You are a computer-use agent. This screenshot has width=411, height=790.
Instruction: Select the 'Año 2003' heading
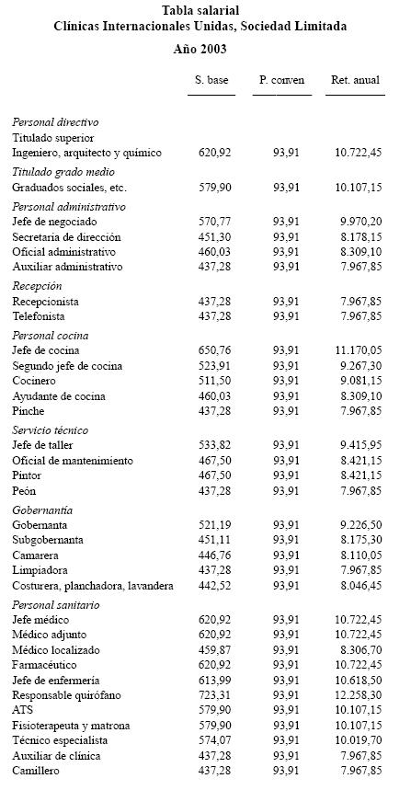pyautogui.click(x=200, y=49)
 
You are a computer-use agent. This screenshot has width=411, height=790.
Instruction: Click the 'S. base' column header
pyautogui.click(x=211, y=81)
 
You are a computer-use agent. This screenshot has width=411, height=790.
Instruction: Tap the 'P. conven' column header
pyautogui.click(x=281, y=81)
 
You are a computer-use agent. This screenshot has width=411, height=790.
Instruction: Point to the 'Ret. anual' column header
pyautogui.click(x=355, y=81)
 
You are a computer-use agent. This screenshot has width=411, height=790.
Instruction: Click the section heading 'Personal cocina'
pyautogui.click(x=51, y=336)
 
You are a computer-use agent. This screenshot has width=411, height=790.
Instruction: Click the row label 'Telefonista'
pyautogui.click(x=39, y=316)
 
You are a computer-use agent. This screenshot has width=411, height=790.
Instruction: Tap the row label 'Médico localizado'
pyautogui.click(x=57, y=649)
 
